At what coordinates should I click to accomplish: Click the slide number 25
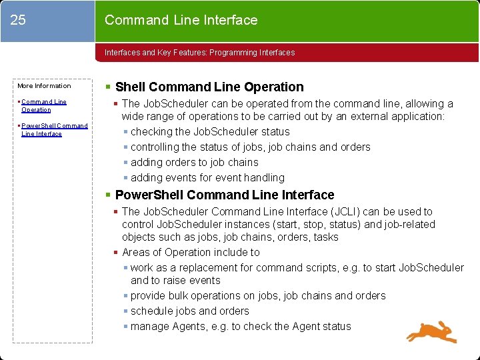tap(19, 20)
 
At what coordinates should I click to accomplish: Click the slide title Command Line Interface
tap(181, 20)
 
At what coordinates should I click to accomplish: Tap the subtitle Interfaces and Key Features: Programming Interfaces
tap(199, 52)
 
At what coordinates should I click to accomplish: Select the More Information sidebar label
tap(44, 85)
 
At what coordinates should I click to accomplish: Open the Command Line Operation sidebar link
tap(43, 105)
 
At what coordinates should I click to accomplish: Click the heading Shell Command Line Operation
tap(209, 87)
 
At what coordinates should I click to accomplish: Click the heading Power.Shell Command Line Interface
tap(224, 195)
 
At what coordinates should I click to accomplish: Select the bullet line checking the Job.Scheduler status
tap(210, 131)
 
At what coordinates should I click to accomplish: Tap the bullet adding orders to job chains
tap(194, 162)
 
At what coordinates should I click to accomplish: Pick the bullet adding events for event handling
tap(207, 177)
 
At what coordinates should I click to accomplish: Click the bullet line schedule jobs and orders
tap(189, 311)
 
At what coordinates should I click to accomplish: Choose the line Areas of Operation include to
tap(191, 252)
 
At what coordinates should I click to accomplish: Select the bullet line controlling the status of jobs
tap(250, 147)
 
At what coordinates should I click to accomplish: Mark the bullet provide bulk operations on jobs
tap(258, 295)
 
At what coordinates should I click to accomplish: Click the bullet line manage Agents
tap(241, 326)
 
